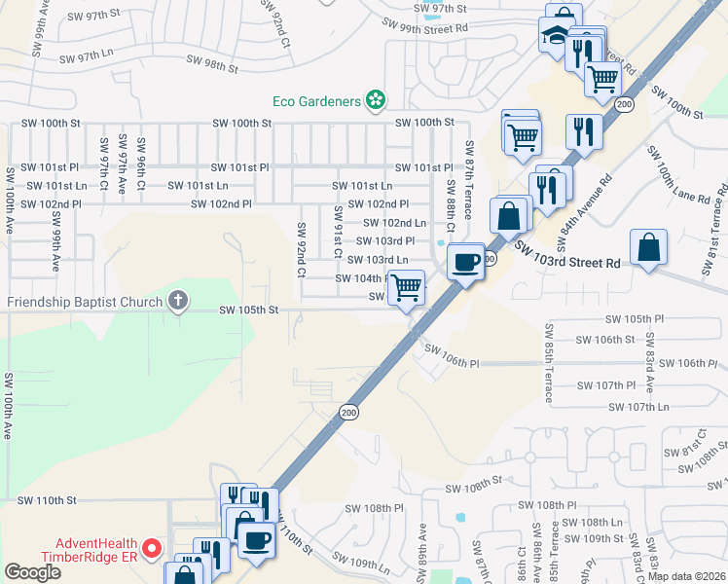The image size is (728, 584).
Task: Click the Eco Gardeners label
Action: [x=317, y=99]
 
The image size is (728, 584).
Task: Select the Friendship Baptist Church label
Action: [x=84, y=301]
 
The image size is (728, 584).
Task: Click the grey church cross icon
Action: [x=177, y=301]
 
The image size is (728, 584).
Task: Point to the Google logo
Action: [x=32, y=572]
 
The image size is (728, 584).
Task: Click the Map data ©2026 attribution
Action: [x=686, y=576]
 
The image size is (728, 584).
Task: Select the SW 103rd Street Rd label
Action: [x=568, y=257]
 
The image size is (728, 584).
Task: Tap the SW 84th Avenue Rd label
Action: [x=583, y=211]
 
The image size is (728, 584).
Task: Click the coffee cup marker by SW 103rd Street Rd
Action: [x=466, y=261]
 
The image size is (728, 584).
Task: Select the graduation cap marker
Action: [x=554, y=36]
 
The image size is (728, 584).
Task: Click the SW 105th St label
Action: [x=249, y=310]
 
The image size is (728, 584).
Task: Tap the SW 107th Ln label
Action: [x=638, y=407]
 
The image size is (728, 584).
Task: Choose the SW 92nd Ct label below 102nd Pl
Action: [x=301, y=250]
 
